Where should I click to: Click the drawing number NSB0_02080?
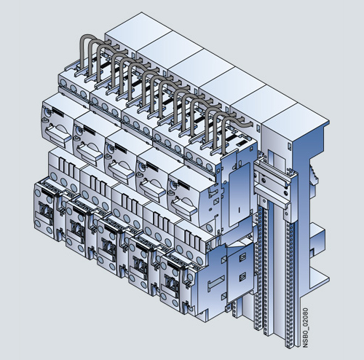[305, 328]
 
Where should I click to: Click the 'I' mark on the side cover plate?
[239, 209]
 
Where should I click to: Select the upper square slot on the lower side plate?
[242, 257]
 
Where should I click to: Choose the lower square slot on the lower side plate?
[242, 277]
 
